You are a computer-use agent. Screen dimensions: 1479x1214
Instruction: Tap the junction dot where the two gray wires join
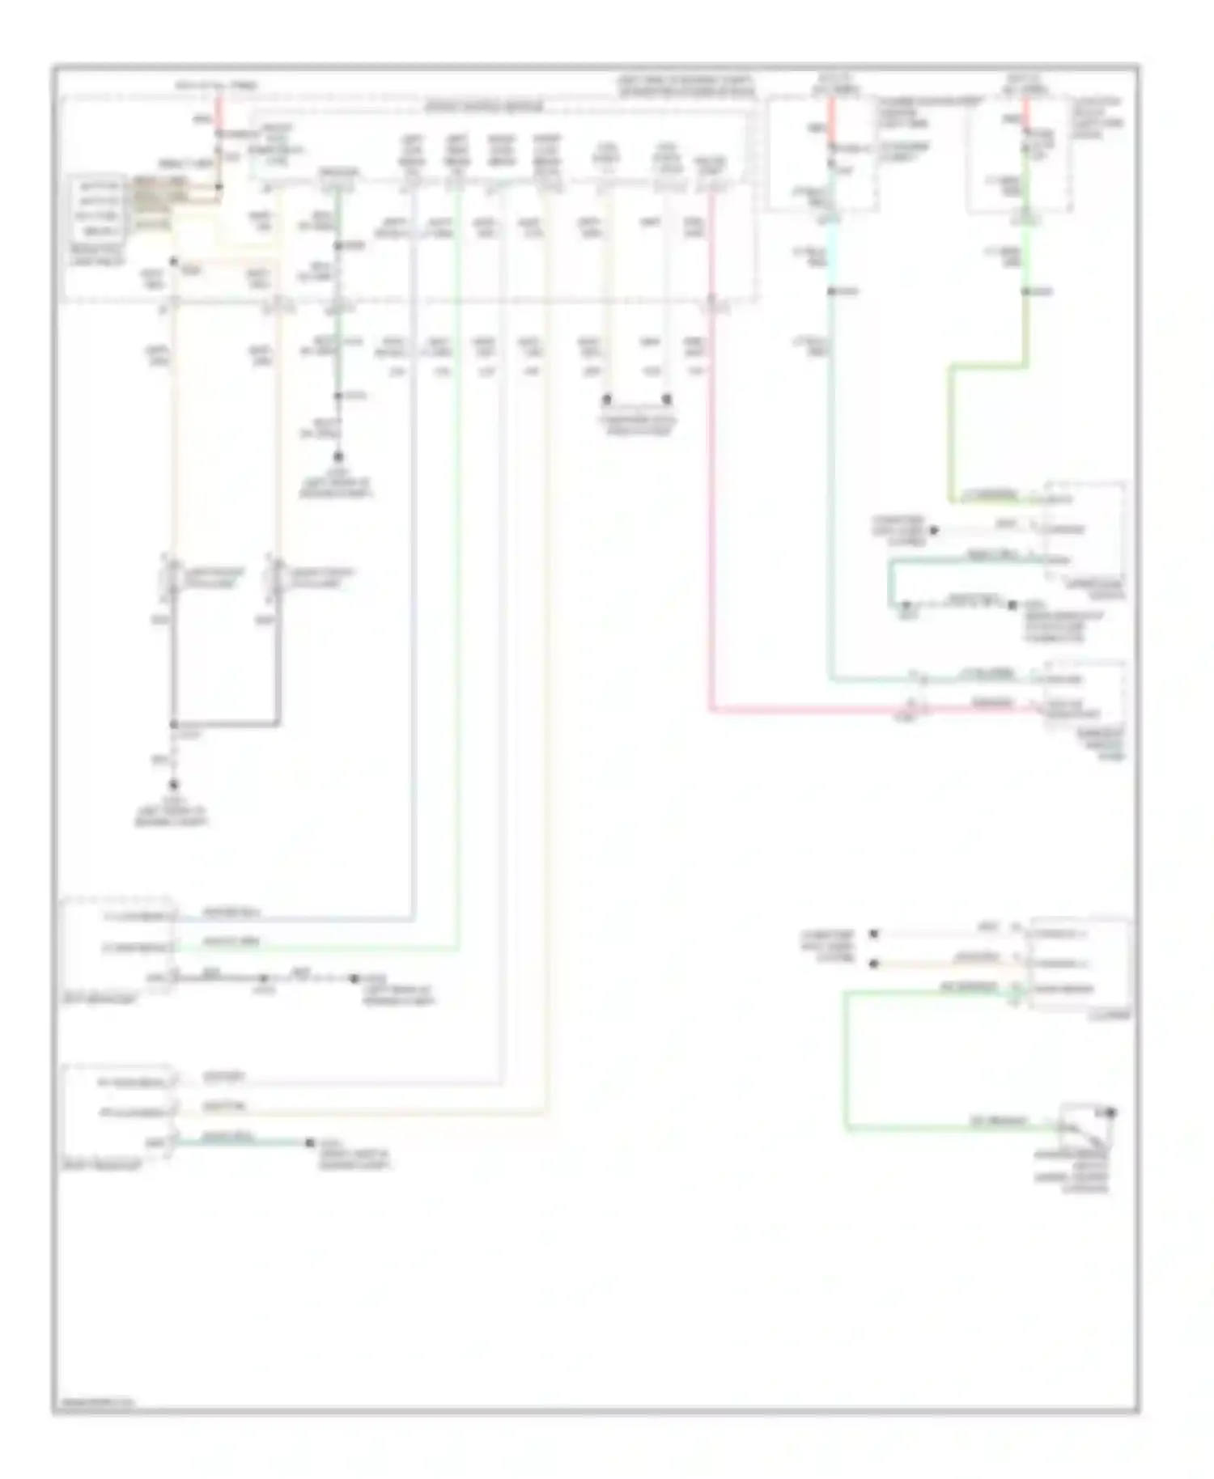[174, 724]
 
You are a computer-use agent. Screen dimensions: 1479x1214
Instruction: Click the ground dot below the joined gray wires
[173, 784]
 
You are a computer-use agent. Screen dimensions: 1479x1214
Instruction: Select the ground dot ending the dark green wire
[338, 457]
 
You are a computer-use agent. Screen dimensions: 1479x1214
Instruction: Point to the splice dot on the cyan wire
[831, 290]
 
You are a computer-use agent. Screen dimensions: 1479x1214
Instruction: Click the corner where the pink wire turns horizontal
[711, 710]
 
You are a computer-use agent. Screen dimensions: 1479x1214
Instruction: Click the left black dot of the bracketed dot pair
[606, 400]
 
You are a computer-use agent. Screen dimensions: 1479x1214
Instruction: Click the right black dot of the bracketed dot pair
[667, 400]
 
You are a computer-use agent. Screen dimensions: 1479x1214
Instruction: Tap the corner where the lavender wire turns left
[413, 918]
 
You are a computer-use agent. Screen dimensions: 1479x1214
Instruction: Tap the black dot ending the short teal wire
[310, 1142]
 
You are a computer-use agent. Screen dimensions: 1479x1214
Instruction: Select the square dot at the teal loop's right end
[1012, 604]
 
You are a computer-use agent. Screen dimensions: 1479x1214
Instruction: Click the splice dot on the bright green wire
[1025, 290]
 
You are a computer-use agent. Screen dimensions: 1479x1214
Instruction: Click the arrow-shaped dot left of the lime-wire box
[933, 530]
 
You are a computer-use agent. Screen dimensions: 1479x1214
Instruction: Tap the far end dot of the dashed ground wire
[354, 978]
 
